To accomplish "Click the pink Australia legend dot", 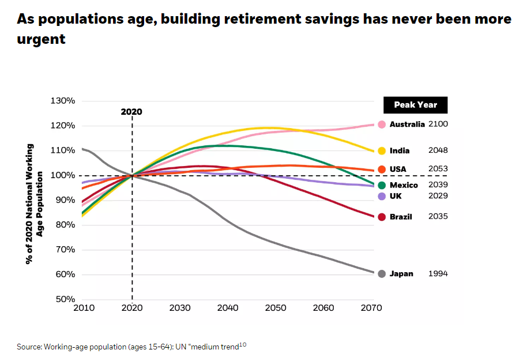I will tap(382, 125).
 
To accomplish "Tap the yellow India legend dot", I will tap(382, 151).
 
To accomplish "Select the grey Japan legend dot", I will tap(382, 274).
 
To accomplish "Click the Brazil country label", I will tap(401, 217).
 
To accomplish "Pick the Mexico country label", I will tap(404, 185).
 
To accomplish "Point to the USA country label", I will tap(398, 169).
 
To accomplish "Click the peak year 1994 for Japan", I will tap(438, 274).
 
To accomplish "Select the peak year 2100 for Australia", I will tap(438, 125).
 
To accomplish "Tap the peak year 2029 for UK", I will tap(438, 196).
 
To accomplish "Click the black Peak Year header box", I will tap(415, 105).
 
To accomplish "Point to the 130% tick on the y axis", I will tap(63, 101).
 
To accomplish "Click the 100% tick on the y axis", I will tap(63, 175).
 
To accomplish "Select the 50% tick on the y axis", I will tap(65, 299).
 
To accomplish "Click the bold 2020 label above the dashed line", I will tap(131, 112).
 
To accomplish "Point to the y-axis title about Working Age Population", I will tap(34, 204).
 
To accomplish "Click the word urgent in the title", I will tap(41, 40).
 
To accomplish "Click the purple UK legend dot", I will tap(382, 196).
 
